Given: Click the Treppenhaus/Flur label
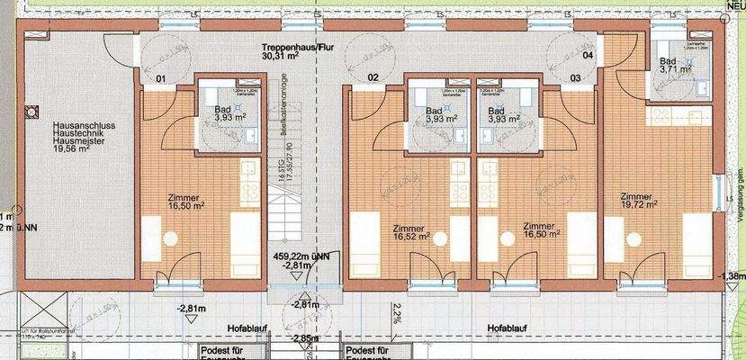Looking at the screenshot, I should (x=297, y=47).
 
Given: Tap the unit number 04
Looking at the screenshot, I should (x=589, y=55).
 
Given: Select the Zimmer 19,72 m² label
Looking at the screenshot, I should (x=636, y=202).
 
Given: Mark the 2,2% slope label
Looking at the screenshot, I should (x=398, y=313).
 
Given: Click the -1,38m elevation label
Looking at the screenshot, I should (x=733, y=275).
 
